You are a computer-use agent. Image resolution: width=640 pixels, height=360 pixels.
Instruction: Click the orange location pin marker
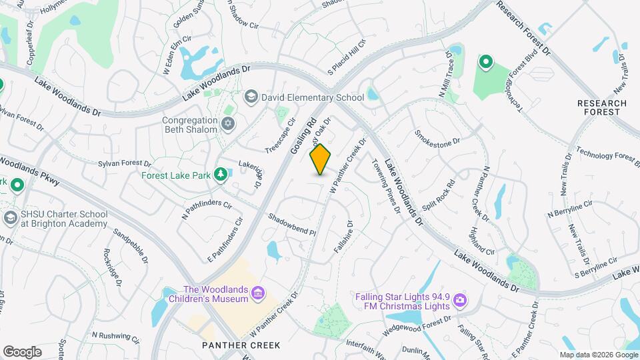[321, 159]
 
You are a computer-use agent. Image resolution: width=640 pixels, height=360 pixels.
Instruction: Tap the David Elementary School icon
[251, 97]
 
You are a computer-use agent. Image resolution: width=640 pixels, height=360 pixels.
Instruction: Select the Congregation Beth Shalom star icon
[228, 124]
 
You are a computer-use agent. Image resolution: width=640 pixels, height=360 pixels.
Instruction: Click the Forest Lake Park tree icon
[220, 175]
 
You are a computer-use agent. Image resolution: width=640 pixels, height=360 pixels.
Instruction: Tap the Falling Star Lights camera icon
[459, 301]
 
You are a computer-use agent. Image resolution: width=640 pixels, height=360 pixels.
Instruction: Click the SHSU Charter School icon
[11, 218]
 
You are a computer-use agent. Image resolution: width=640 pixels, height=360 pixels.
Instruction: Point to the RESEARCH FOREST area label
[602, 108]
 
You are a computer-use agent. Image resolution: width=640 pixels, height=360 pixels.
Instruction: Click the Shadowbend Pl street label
[291, 225]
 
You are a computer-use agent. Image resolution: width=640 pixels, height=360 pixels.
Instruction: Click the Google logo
[22, 351]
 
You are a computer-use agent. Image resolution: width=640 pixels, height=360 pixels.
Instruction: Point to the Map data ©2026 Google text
[598, 355]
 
